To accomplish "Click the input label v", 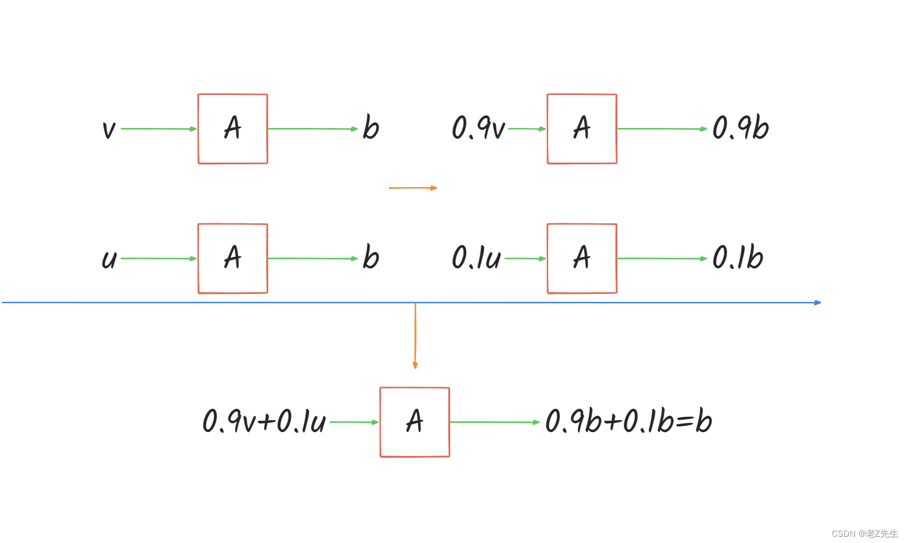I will [109, 130].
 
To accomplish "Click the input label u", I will [109, 259].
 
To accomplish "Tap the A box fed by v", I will [232, 129].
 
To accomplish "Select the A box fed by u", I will [232, 259].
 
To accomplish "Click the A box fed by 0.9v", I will [582, 129].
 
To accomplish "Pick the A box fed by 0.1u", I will [582, 259].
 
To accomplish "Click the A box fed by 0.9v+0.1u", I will [415, 422].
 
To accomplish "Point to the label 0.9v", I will [479, 128].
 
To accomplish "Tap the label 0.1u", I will [476, 258].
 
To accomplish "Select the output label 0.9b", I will [740, 128].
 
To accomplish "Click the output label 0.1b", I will [738, 258].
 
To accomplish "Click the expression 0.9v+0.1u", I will [264, 421].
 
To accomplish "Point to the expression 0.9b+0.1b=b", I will [629, 421].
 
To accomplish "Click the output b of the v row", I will [371, 128].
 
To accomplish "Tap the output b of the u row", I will [371, 258].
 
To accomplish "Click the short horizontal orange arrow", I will [413, 188].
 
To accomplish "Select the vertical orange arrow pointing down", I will [415, 335].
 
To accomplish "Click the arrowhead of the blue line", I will [818, 302].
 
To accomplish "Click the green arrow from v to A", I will [158, 129].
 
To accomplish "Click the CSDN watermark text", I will [864, 533].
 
